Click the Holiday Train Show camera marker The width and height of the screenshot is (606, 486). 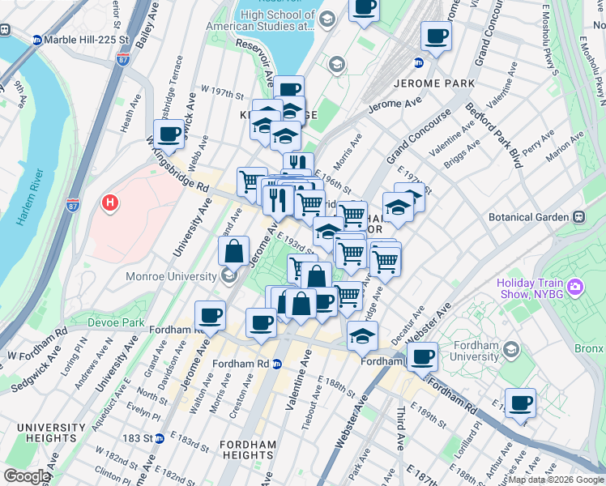point(575,287)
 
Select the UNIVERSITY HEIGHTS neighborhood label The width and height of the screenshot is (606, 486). point(51,433)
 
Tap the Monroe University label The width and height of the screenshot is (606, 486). point(173,276)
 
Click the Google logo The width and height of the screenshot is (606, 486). point(27,476)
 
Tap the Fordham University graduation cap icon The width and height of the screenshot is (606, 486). point(511,349)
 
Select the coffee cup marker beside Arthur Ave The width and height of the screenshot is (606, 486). point(520,403)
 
